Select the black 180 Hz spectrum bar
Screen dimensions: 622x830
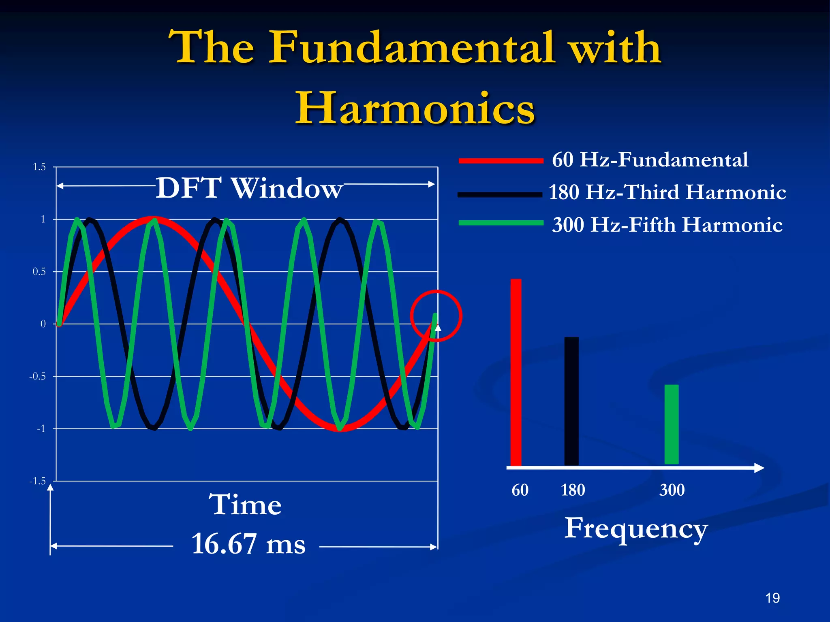click(x=571, y=401)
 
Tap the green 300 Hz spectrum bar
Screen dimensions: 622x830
click(x=672, y=424)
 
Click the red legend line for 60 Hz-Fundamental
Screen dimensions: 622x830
click(x=501, y=161)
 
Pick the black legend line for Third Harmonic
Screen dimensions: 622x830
click(x=500, y=195)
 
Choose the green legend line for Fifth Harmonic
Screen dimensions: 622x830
click(x=501, y=223)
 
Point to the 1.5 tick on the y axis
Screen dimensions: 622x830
click(x=39, y=167)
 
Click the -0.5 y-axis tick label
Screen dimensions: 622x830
click(x=37, y=376)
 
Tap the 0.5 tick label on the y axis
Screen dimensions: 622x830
click(x=39, y=272)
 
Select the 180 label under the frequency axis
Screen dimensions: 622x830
click(x=573, y=490)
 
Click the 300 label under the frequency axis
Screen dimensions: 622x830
click(x=672, y=490)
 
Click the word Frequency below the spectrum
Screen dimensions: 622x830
click(x=635, y=528)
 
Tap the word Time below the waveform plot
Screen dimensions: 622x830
click(x=245, y=505)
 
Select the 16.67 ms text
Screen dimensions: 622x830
click(x=248, y=544)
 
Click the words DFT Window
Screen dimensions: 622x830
click(x=249, y=188)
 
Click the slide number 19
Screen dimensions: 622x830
click(x=772, y=598)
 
